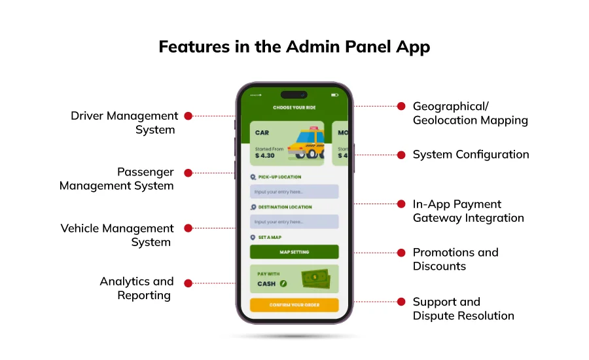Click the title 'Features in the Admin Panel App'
[294, 48]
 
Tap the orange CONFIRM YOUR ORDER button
[294, 305]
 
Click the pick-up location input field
[294, 191]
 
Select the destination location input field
[294, 222]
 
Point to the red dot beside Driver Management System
[188, 116]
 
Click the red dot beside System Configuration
[401, 155]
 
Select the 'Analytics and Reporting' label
[137, 288]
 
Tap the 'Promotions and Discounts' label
[455, 259]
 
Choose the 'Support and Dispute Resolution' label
[463, 309]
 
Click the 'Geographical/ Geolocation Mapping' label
[469, 113]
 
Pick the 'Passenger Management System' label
[117, 179]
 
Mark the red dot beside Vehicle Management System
[188, 228]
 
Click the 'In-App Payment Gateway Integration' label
[468, 211]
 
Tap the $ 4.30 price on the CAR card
[265, 156]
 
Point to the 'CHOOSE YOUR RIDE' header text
[294, 107]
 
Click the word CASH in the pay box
[266, 284]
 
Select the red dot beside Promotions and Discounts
[401, 253]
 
